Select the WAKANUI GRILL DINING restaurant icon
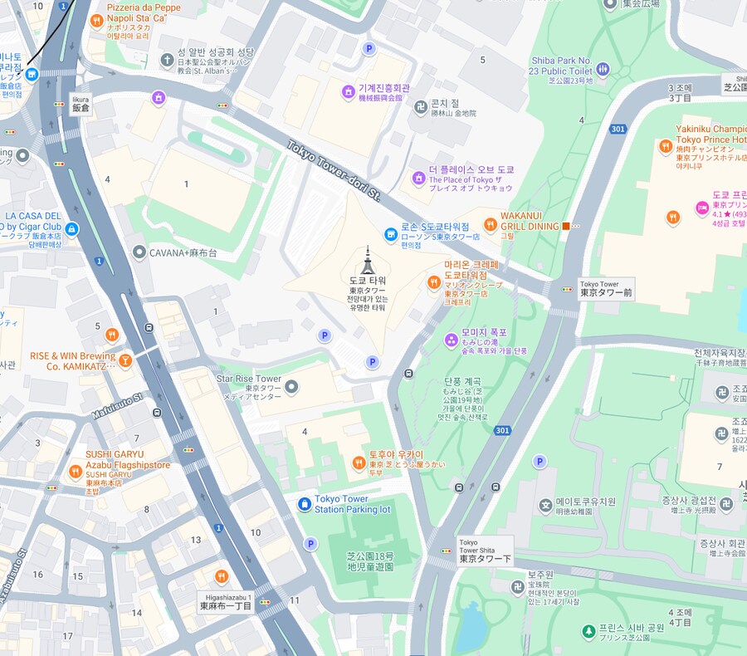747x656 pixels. pyautogui.click(x=491, y=223)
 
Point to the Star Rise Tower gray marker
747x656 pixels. pyautogui.click(x=291, y=385)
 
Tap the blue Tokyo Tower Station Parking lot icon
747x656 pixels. pyautogui.click(x=305, y=504)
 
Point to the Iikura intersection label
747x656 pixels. pyautogui.click(x=81, y=104)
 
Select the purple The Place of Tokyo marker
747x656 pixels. pyautogui.click(x=418, y=179)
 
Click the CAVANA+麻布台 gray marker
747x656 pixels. pyautogui.click(x=139, y=252)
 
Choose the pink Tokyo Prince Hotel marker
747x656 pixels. pyautogui.click(x=701, y=207)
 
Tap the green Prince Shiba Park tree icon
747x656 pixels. pyautogui.click(x=588, y=632)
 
